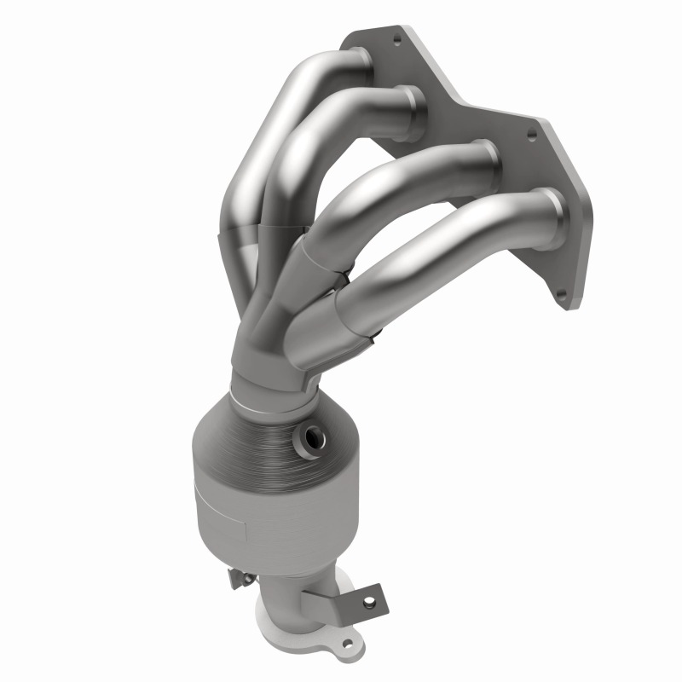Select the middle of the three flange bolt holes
click(x=533, y=134)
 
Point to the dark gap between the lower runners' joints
click(x=348, y=275)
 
